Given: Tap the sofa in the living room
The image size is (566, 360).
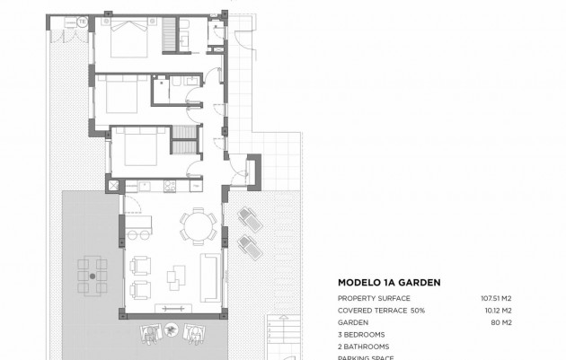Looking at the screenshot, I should click(210, 277).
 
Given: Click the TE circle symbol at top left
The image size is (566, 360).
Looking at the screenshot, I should click(82, 21).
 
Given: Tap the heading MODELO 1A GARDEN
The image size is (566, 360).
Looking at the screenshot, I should click(388, 282).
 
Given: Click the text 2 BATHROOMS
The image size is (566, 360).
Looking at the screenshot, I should click(364, 347).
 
